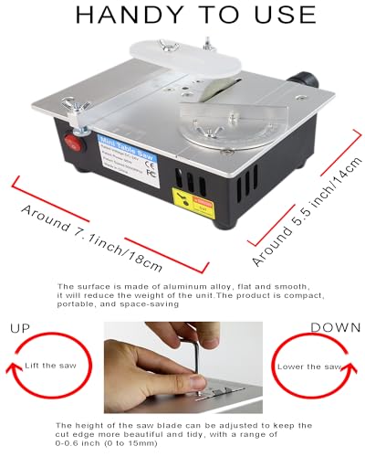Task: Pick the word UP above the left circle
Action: [x=20, y=327]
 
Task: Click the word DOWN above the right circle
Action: [x=336, y=327]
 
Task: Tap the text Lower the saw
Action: [x=313, y=366]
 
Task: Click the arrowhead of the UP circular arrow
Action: [x=8, y=373]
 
